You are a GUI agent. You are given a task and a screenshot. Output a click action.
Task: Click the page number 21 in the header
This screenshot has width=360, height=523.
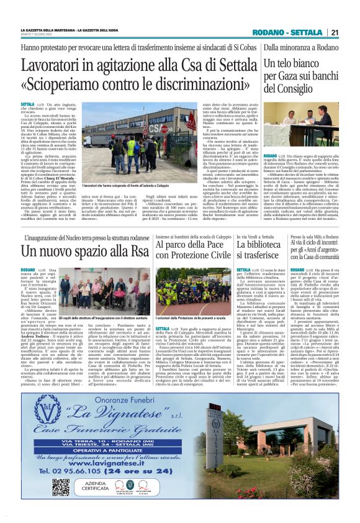(334, 33)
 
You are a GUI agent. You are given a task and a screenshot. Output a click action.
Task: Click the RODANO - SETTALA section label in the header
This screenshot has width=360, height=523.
(297, 33)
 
